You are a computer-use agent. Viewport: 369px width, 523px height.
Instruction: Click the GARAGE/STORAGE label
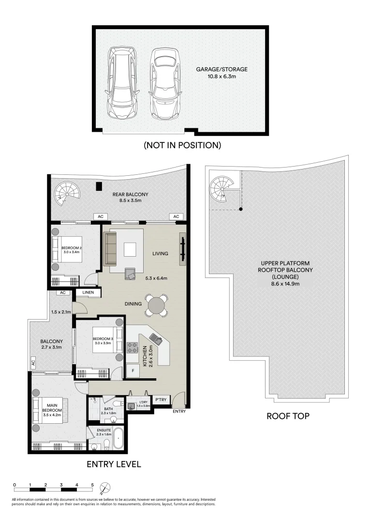[x=221, y=69]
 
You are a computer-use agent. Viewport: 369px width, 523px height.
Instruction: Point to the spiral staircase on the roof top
[x=221, y=189]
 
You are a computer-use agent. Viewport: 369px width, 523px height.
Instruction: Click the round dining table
[x=157, y=305]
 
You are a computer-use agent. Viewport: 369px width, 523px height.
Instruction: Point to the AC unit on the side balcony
[x=33, y=362]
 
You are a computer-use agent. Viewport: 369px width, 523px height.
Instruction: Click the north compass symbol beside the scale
[x=105, y=487]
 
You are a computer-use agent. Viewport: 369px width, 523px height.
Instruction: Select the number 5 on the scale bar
[x=92, y=484]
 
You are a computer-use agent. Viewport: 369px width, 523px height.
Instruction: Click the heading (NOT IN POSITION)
[x=182, y=145]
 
